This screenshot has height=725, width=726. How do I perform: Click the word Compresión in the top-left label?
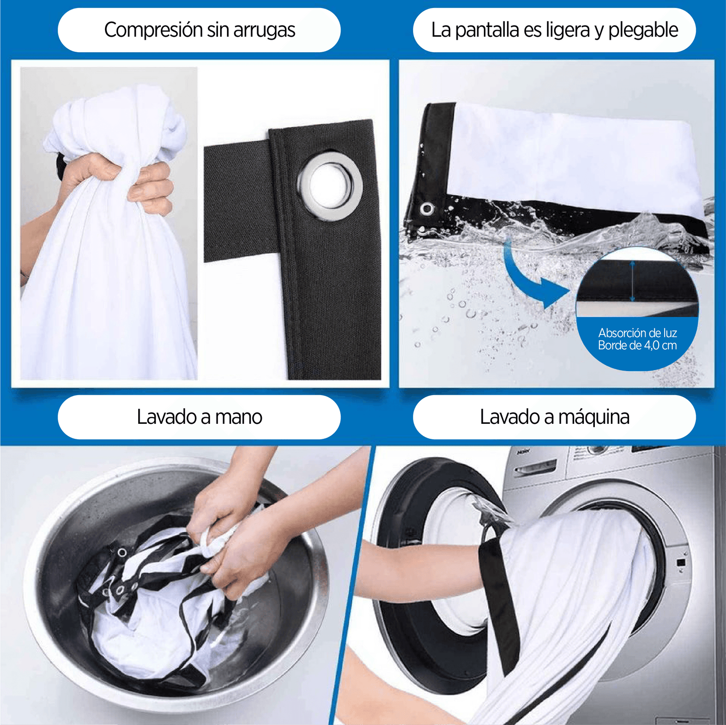click(154, 30)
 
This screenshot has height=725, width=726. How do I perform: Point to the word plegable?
click(643, 30)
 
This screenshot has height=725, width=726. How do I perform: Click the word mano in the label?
click(239, 417)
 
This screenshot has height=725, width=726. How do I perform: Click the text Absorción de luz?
click(638, 333)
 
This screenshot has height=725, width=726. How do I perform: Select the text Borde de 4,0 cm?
click(638, 345)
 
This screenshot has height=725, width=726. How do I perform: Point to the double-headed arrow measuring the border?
click(633, 281)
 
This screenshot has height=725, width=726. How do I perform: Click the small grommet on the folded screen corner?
click(427, 208)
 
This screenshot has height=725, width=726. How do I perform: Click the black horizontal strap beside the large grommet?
click(237, 203)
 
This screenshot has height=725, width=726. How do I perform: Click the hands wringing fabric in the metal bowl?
click(230, 531)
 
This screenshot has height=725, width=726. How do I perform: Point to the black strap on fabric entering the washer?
click(499, 599)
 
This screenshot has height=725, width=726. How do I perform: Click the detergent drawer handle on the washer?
click(536, 468)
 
